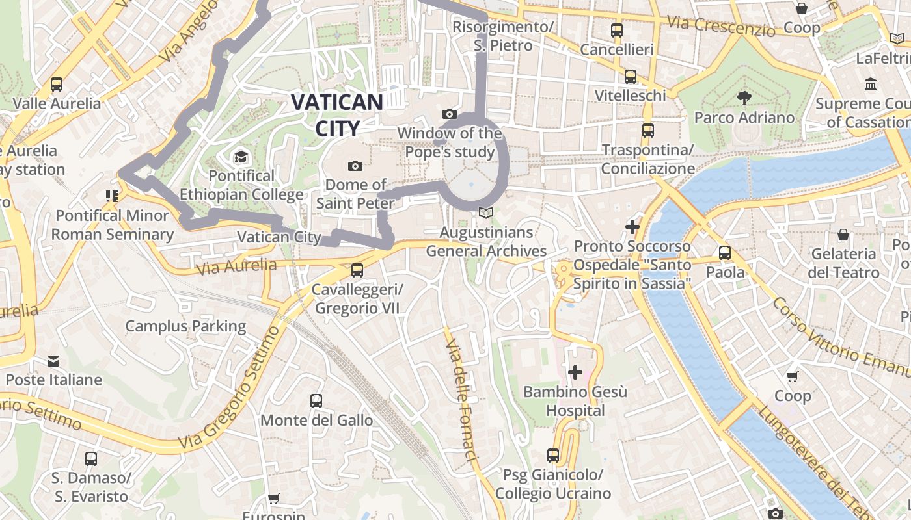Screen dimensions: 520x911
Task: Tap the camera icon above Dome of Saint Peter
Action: coord(355,166)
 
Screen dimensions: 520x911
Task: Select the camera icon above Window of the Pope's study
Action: coord(449,114)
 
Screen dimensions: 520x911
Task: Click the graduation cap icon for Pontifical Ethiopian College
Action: coord(241,157)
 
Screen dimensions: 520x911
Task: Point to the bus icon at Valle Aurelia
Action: coord(57,84)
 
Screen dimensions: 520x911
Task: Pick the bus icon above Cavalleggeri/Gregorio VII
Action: coord(357,270)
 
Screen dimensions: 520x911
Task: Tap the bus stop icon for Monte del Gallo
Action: coord(316,401)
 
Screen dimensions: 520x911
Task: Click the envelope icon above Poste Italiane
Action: coord(53,361)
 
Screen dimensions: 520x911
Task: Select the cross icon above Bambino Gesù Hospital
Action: coord(575,372)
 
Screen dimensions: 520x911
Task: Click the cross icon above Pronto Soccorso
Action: coord(632,227)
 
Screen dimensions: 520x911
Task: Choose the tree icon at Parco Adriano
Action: coord(744,98)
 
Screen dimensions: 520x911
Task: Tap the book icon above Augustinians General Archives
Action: coord(485,213)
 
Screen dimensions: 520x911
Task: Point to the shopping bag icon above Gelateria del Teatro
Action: coord(843,235)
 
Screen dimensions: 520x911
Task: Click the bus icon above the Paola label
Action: coord(725,253)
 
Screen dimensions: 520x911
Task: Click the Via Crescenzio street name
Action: coord(721,27)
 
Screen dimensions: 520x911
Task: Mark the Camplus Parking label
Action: coord(185,326)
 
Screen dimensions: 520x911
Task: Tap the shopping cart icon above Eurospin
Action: coord(274,499)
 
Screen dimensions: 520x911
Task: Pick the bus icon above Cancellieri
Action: coord(616,31)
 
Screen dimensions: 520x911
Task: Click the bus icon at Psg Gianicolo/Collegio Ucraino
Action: coord(553,456)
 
